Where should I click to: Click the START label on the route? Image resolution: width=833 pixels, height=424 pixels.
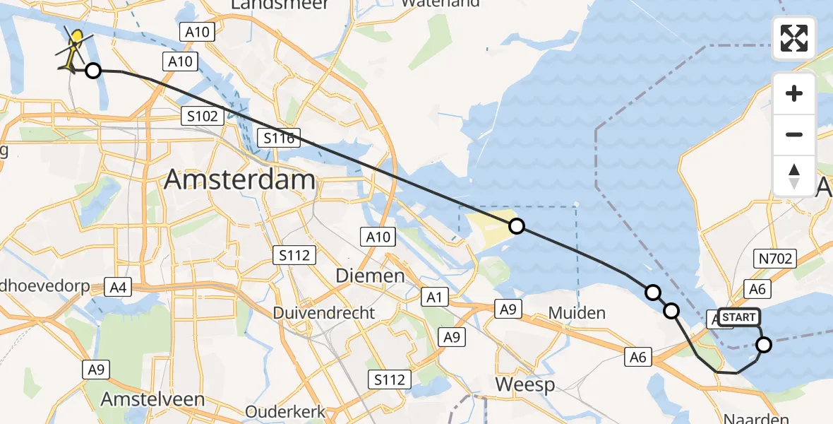739,317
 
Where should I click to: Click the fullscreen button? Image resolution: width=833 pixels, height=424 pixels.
794,38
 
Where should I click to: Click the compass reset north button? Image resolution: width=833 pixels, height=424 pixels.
794,175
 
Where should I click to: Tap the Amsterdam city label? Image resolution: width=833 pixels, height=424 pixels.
239,180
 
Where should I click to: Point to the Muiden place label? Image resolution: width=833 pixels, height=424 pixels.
577,312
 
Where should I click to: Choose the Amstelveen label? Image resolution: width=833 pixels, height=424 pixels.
152,399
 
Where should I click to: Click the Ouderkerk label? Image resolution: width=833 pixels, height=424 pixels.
285,411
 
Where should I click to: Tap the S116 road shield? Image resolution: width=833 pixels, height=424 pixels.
280,138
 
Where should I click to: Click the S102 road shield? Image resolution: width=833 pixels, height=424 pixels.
203,116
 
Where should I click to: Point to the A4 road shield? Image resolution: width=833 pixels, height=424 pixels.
118,287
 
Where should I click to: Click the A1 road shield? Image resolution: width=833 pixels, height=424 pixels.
434,298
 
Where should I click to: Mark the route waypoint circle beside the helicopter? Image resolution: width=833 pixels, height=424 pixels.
92,70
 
